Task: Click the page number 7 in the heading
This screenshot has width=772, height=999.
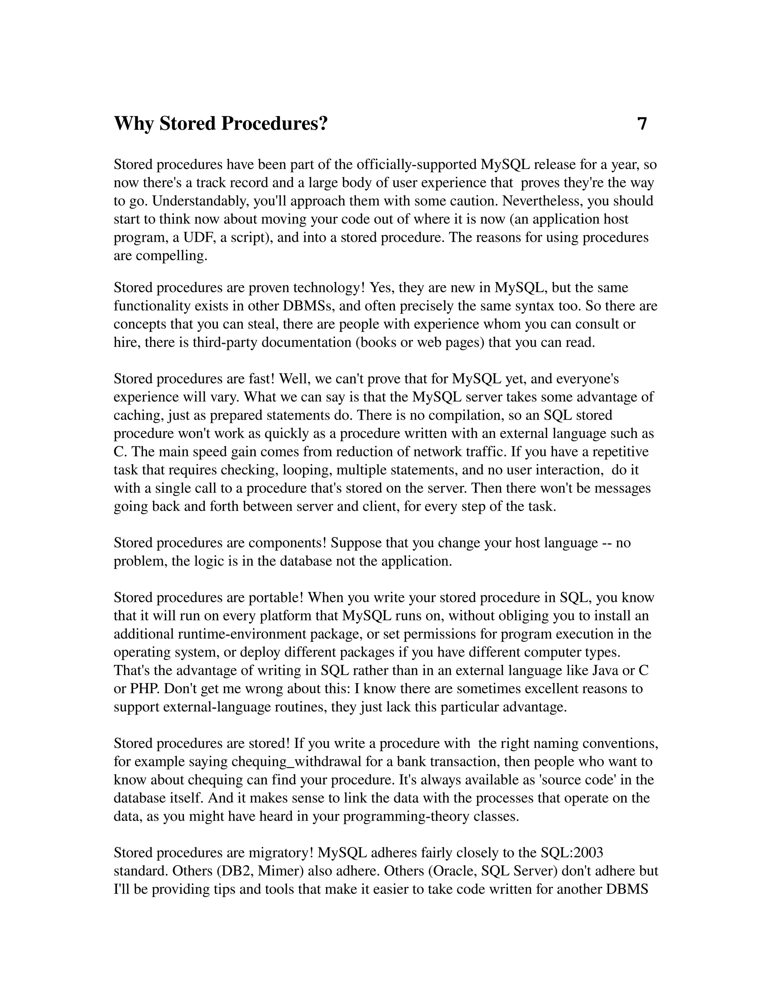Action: point(642,124)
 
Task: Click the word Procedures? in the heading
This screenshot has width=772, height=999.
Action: point(274,124)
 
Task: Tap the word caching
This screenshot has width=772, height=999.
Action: point(139,415)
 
